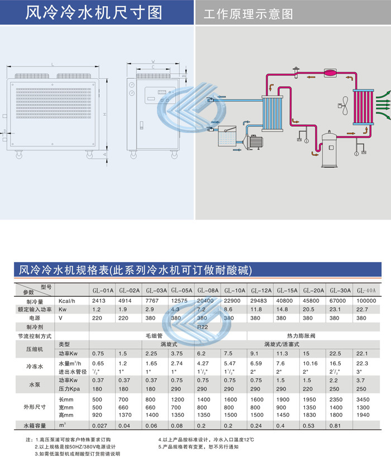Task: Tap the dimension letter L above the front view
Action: [x=52, y=65]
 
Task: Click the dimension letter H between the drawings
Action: [x=104, y=115]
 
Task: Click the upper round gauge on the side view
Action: [x=132, y=84]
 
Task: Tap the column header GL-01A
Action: [x=103, y=291]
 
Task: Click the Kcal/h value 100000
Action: [x=366, y=301]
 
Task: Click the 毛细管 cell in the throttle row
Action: [x=152, y=336]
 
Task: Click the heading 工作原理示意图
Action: [x=248, y=13]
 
